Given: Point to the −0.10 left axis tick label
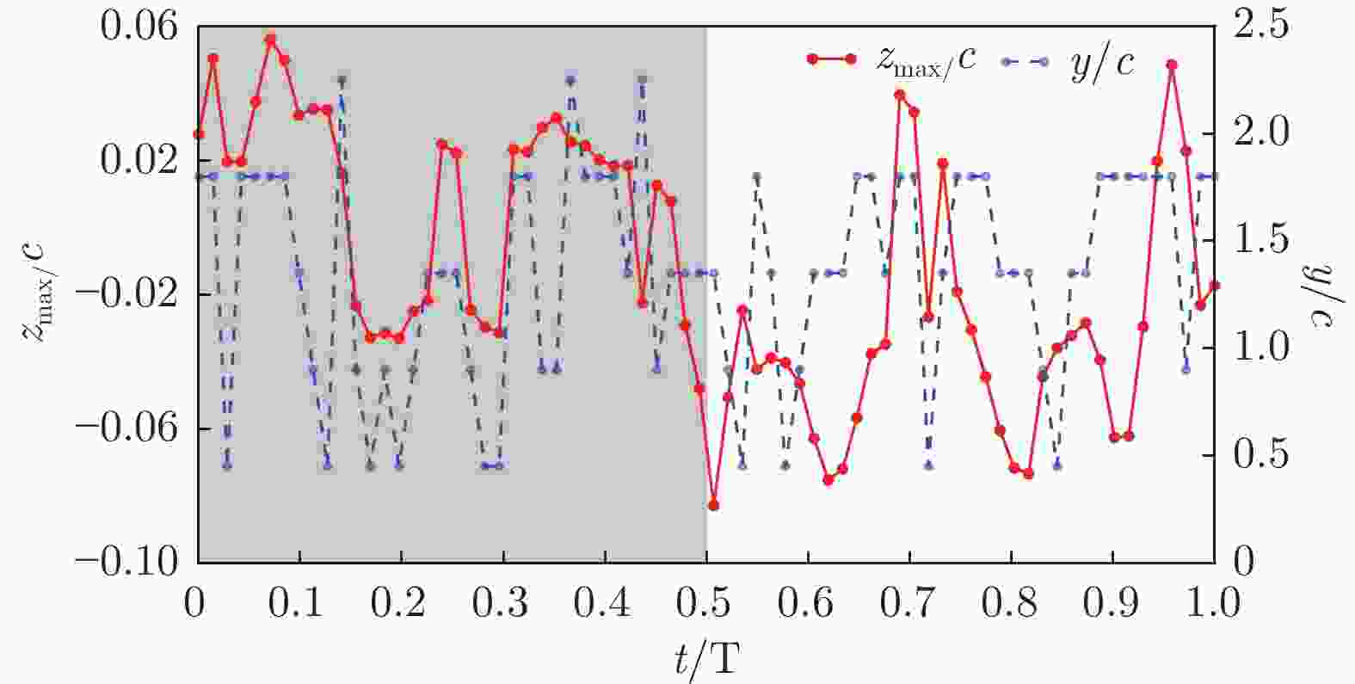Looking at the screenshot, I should tap(138, 562).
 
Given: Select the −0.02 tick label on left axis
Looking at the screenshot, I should tap(138, 294).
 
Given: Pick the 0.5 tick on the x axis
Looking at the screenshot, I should tap(706, 601).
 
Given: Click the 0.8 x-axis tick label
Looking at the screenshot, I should tap(1011, 601).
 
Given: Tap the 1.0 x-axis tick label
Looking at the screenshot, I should tap(1214, 601).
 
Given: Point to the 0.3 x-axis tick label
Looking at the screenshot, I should tap(503, 601).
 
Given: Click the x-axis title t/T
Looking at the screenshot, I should tap(705, 659).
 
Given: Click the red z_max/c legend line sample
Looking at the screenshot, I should tap(830, 59).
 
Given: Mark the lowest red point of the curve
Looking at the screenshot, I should tap(713, 505).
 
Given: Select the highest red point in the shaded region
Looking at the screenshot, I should tap(270, 40).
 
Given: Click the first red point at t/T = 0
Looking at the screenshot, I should tap(199, 134).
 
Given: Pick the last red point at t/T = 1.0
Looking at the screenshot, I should tap(1214, 285).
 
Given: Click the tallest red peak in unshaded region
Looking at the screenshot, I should tap(1171, 65).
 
